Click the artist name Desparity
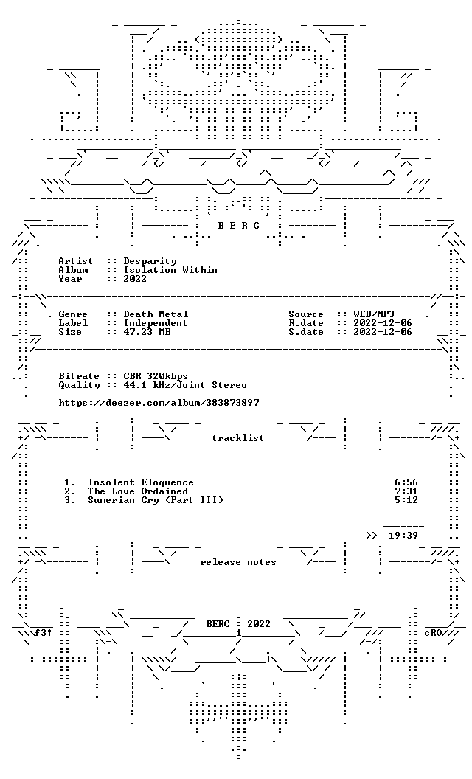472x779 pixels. [150, 261]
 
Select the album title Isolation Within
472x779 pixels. [170, 270]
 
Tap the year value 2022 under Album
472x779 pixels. [135, 279]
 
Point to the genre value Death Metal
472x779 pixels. [156, 314]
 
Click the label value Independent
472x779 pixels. [156, 323]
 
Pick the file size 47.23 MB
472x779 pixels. [147, 332]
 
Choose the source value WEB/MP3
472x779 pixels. [374, 314]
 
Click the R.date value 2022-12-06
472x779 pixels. [383, 323]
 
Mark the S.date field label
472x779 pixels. [306, 332]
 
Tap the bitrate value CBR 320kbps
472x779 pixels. [156, 376]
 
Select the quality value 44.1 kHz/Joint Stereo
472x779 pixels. [185, 385]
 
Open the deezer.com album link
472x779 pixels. [159, 403]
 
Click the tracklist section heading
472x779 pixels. [238, 438]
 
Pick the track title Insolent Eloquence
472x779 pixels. [141, 482]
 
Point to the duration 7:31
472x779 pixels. [406, 491]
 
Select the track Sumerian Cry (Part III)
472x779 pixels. [156, 500]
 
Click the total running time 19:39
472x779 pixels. [403, 536]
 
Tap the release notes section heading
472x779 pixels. [238, 562]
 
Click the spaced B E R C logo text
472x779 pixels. [239, 226]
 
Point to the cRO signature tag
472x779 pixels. [433, 634]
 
